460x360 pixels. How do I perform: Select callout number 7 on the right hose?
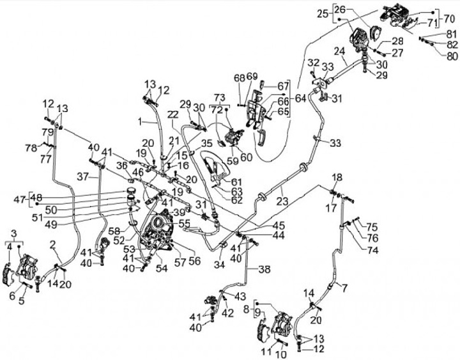[x=345, y=288]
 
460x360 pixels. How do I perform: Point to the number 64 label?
[x=299, y=98]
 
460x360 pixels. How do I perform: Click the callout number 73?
[x=220, y=98]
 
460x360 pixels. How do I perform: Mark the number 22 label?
[x=172, y=114]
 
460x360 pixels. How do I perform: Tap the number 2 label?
[x=54, y=243]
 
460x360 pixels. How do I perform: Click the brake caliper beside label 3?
[x=28, y=263]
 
